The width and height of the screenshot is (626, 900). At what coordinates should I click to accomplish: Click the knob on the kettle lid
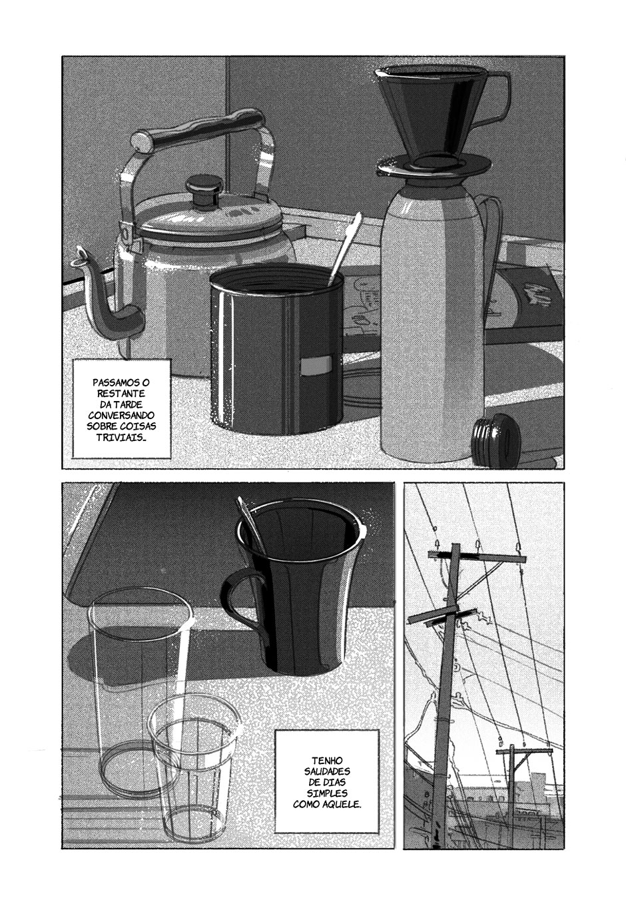tap(204, 191)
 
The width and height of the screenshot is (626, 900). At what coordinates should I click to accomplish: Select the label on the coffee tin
tap(316, 365)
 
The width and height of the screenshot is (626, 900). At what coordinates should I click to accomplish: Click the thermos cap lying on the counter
tap(497, 440)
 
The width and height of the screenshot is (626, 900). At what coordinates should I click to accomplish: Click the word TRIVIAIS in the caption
tap(121, 437)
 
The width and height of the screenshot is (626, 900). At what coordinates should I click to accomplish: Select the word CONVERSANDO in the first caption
tap(121, 415)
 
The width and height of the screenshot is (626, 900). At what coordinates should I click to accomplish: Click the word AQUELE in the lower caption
tap(342, 805)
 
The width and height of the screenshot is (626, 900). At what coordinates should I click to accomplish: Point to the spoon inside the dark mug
tap(251, 523)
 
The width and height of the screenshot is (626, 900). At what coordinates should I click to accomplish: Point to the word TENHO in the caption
tap(327, 761)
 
